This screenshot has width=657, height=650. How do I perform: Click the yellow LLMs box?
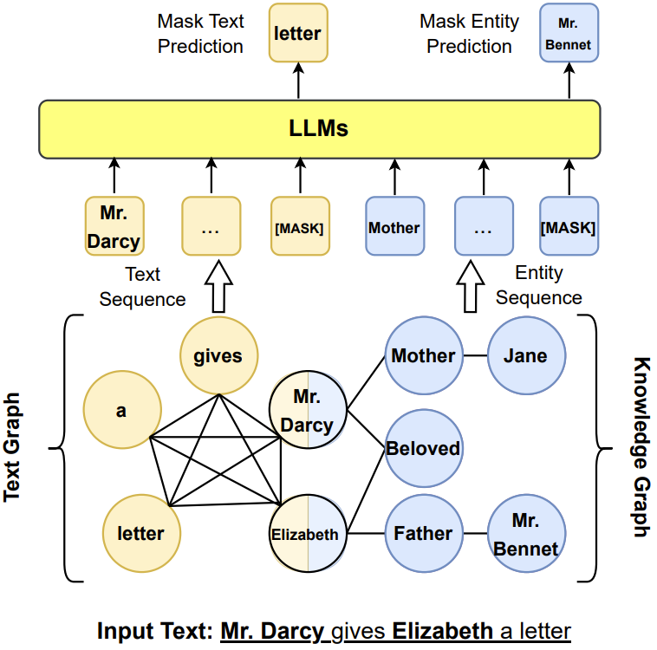(x=319, y=129)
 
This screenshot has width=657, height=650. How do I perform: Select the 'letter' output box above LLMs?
(x=297, y=33)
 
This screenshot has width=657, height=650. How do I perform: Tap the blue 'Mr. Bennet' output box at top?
(x=569, y=33)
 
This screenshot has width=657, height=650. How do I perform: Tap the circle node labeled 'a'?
(x=121, y=411)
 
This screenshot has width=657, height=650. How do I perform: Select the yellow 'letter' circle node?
(x=140, y=533)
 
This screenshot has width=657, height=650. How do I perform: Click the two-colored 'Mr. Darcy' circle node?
(x=307, y=412)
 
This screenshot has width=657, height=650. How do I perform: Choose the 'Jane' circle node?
(x=526, y=355)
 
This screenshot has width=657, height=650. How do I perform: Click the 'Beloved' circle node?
(x=423, y=448)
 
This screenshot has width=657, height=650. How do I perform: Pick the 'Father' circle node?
(x=423, y=534)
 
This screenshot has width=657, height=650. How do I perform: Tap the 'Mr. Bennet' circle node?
(x=526, y=534)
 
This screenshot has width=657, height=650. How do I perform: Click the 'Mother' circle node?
(x=423, y=355)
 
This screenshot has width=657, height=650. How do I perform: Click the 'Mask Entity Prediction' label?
(x=469, y=33)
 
